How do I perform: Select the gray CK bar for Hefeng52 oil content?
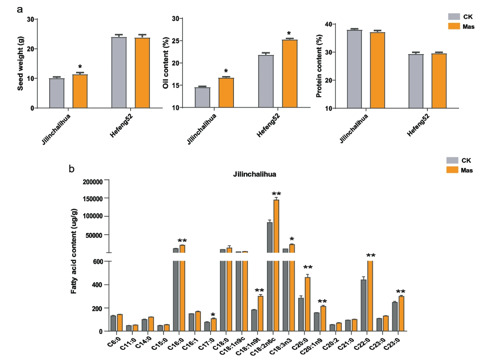tap(266, 81)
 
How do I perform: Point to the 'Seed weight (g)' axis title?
tap(21, 64)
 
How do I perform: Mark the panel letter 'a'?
tap(19, 9)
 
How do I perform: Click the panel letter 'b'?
tap(72, 168)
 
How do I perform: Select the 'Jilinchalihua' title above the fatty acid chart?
tap(255, 174)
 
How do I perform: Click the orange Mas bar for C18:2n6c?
tap(276, 229)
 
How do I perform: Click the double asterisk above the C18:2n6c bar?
tap(276, 194)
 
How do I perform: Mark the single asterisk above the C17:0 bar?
tap(213, 315)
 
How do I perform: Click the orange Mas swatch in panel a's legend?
tap(453, 26)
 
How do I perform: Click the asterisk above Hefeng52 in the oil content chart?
tap(289, 33)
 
